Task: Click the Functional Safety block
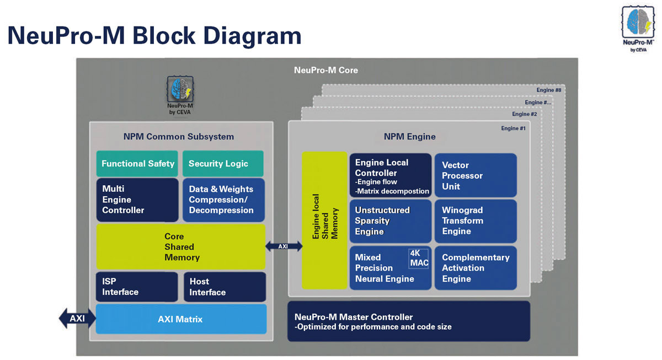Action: pos(137,164)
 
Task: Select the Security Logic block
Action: pos(223,164)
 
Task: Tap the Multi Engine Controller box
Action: pos(137,200)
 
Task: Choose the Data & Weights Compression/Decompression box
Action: pos(223,200)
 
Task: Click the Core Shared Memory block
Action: pos(181,247)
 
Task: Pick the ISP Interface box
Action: pos(137,287)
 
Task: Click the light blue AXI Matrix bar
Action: pos(181,319)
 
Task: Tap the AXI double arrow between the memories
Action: pos(284,246)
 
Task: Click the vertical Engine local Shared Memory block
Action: pos(324,220)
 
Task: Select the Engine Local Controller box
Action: pos(391,175)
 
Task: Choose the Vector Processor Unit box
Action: pos(476,175)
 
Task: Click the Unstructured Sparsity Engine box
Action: pos(391,221)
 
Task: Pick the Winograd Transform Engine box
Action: pos(476,221)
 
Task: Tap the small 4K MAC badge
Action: pos(419,258)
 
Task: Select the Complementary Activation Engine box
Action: pos(476,268)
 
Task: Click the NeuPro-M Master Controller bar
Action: pos(409,321)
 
